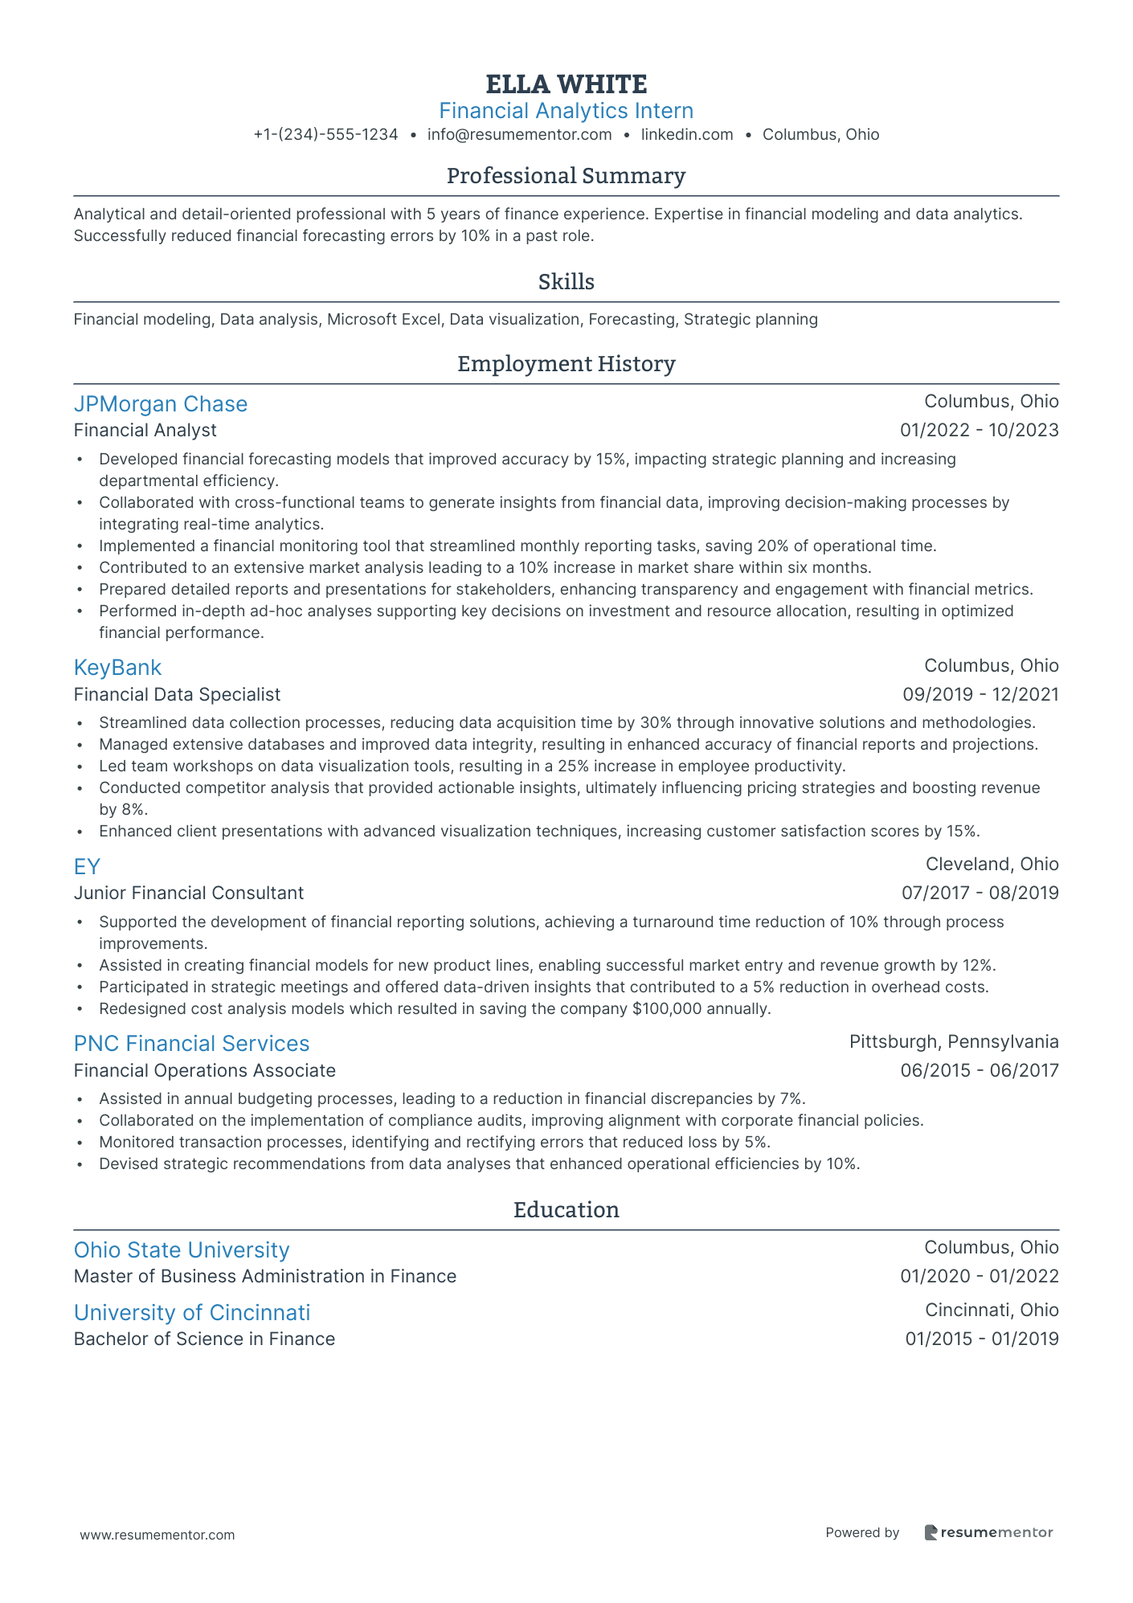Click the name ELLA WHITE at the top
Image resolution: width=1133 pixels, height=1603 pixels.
tap(566, 84)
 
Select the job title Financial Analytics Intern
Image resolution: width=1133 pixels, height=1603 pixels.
tap(566, 111)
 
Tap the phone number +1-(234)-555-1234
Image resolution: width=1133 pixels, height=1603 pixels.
tap(325, 135)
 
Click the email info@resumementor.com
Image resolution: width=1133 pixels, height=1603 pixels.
tap(519, 135)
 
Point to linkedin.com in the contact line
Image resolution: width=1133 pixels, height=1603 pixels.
tap(687, 135)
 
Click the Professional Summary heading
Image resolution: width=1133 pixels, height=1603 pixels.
tap(566, 176)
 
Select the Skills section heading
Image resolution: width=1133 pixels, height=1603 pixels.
tap(566, 282)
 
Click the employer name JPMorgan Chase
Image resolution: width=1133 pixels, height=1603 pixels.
tap(161, 404)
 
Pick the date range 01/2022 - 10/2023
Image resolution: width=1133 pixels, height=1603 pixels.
tap(979, 431)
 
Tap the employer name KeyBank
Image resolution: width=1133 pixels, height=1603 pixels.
tap(117, 668)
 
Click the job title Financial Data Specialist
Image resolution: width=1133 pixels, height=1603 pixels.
tap(177, 694)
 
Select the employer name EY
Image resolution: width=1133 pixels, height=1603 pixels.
tap(87, 867)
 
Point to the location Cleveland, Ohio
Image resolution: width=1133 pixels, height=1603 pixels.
tap(992, 865)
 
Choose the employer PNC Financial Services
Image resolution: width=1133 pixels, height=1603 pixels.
tap(191, 1044)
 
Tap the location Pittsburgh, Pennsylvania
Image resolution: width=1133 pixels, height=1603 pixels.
tap(954, 1042)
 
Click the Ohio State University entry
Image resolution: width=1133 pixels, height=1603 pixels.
tap(182, 1250)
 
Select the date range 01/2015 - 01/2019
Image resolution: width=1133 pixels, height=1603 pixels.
tap(981, 1339)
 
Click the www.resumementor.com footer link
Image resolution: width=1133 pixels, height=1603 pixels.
tap(157, 1535)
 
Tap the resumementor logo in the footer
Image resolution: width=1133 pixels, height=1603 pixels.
tap(988, 1533)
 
